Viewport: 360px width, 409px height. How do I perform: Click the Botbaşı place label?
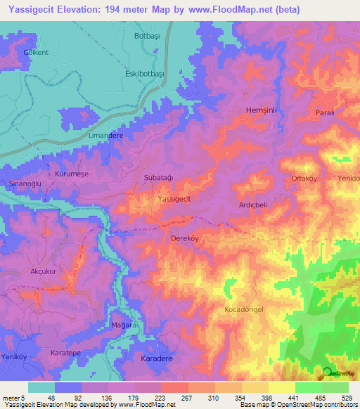[147, 34]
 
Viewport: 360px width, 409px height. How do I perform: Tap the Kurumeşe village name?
[72, 173]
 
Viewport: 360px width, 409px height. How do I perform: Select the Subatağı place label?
[158, 178]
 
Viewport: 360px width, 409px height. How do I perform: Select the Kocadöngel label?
[245, 310]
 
